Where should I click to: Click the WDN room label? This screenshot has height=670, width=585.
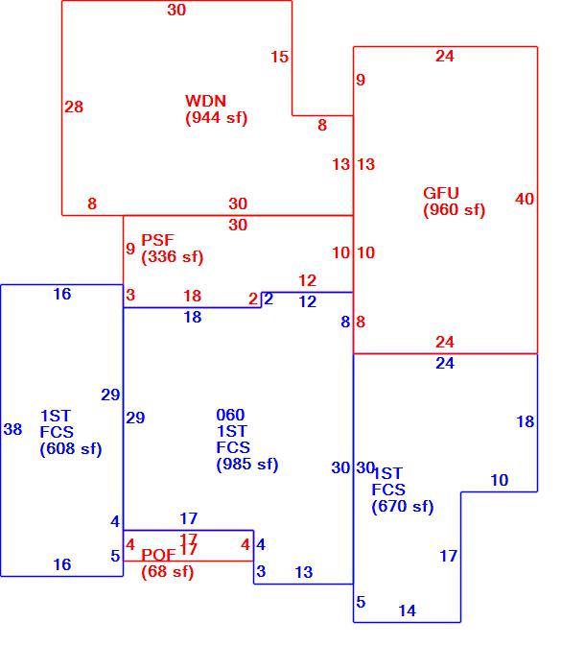(205, 101)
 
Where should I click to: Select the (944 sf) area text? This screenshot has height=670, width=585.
(217, 117)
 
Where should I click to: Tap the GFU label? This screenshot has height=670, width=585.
(441, 193)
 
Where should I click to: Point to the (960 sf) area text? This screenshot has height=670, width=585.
(455, 210)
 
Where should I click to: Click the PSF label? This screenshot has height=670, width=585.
(157, 240)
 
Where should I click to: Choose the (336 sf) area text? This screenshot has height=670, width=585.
(173, 257)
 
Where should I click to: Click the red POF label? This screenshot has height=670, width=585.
(158, 555)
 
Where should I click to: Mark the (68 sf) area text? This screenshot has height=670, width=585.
(168, 572)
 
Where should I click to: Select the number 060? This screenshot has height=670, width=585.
(230, 415)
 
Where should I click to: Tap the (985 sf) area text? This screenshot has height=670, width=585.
(247, 464)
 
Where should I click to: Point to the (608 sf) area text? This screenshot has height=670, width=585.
(71, 449)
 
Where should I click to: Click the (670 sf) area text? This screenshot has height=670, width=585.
(403, 507)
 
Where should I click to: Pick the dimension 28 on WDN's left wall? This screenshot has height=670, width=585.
(74, 107)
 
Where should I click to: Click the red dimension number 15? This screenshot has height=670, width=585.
(280, 57)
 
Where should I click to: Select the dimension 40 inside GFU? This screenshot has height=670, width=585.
(525, 199)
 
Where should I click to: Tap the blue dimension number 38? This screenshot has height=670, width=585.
(12, 429)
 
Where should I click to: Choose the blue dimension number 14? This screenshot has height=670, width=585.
(407, 610)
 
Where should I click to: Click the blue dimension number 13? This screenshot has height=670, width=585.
(304, 572)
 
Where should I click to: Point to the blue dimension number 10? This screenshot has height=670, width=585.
(500, 480)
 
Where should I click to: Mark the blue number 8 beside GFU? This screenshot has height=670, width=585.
(345, 322)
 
